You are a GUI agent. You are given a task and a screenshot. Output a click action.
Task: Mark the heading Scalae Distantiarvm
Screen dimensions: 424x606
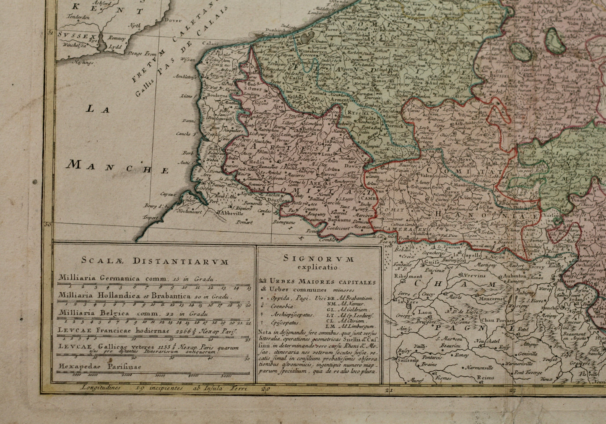pos(153,261)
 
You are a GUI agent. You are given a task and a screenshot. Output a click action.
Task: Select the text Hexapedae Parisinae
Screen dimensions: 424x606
pos(101,366)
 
